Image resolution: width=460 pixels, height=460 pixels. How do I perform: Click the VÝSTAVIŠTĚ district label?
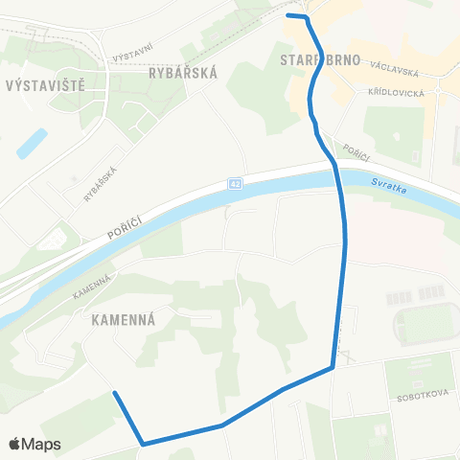(x=45, y=84)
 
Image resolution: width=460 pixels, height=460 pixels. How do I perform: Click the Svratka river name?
(x=371, y=190)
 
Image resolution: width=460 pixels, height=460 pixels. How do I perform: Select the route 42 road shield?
(x=236, y=183)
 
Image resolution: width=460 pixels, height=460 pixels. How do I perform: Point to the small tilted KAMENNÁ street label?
(x=92, y=287)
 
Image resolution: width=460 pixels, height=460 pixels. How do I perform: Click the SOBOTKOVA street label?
(x=414, y=394)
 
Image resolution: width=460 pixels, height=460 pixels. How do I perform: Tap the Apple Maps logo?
(x=34, y=444)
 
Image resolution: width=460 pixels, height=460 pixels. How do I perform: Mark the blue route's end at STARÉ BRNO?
(x=288, y=15)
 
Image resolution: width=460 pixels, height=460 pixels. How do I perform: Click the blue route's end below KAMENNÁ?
(x=115, y=393)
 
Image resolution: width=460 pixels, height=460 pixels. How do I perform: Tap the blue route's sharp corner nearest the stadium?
(x=333, y=366)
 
